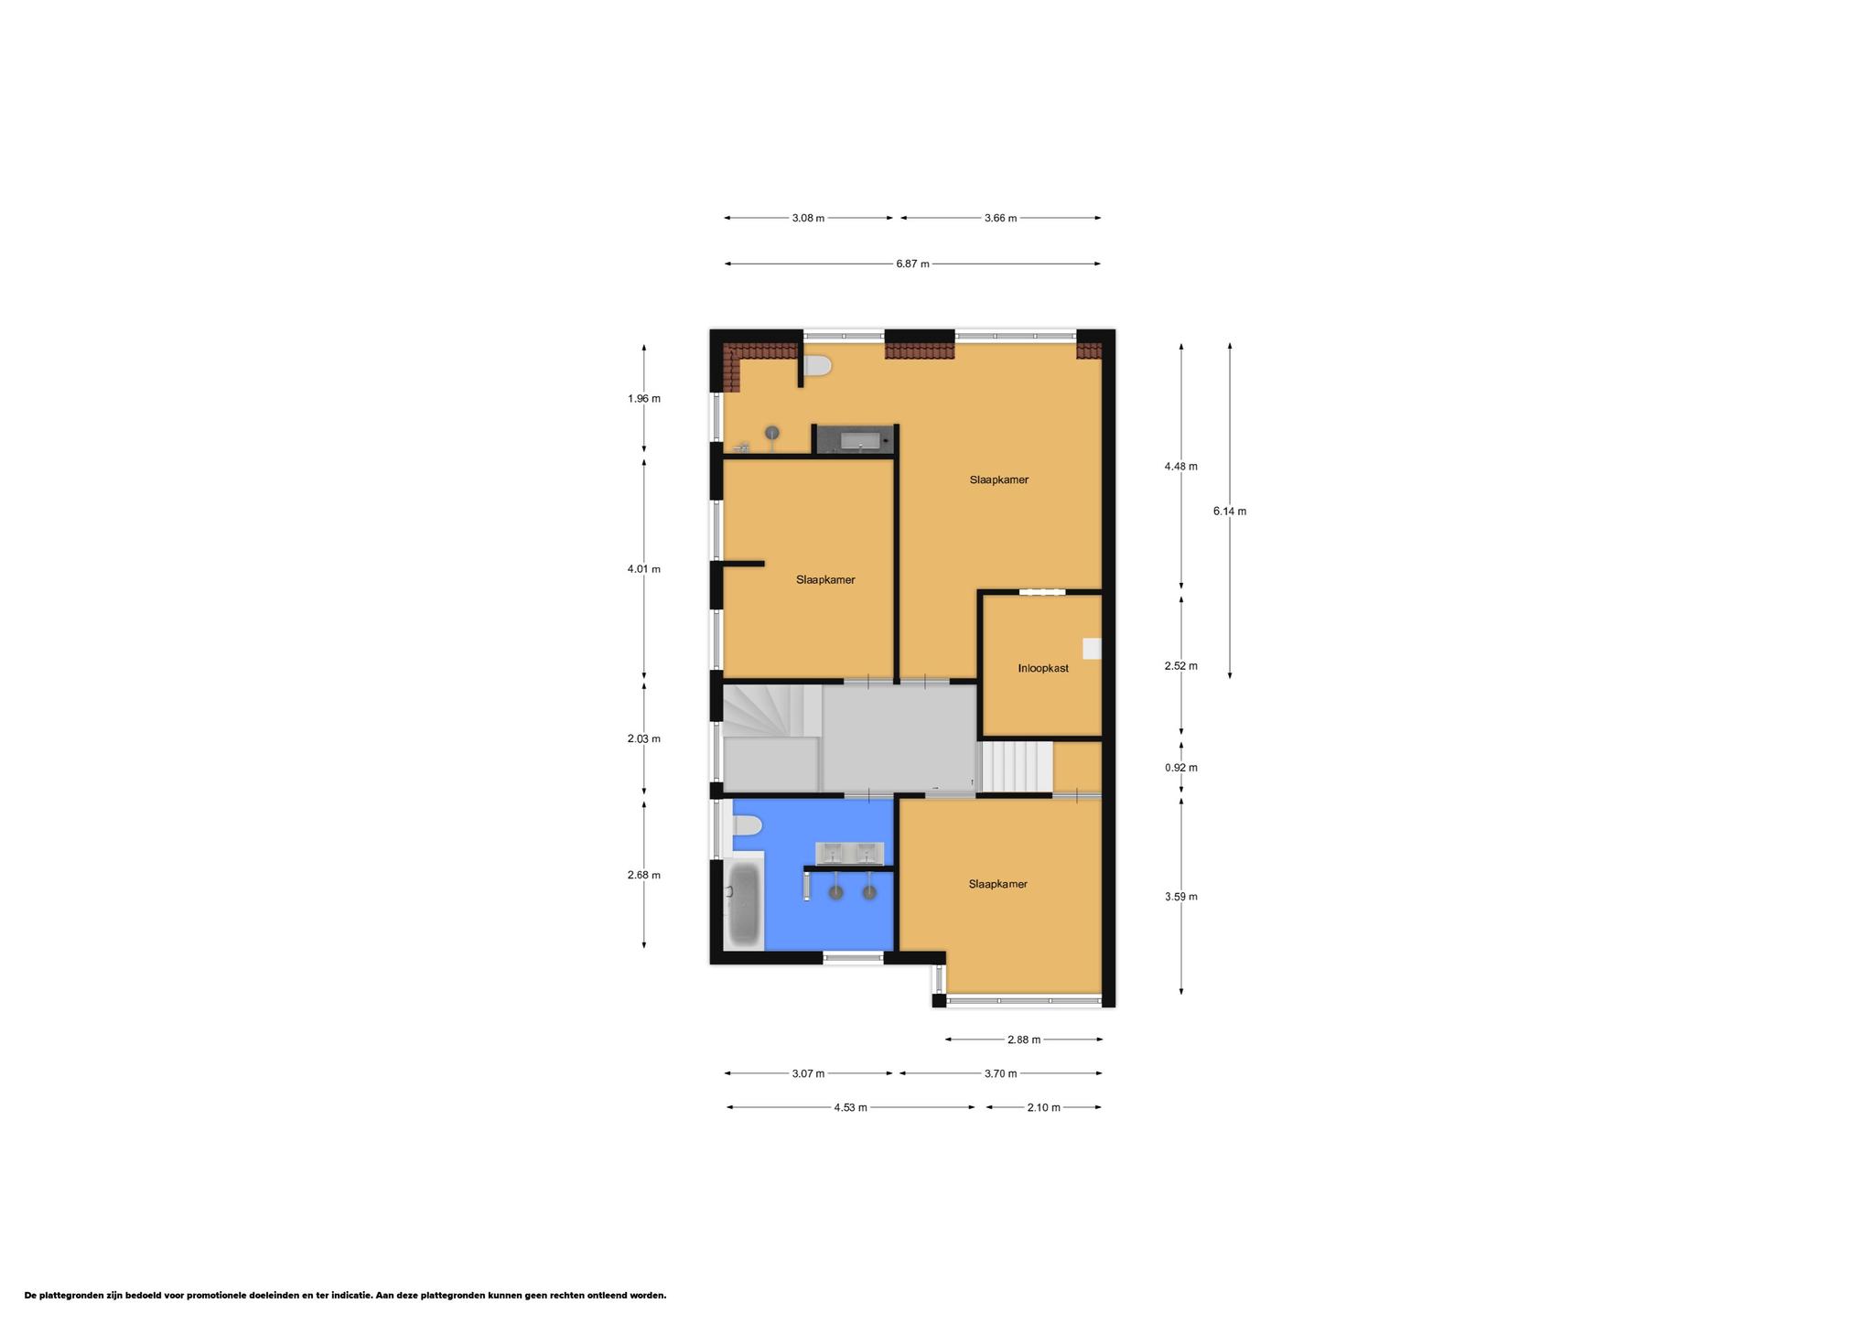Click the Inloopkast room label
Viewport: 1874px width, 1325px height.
[x=1043, y=668]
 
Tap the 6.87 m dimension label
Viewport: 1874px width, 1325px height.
[x=912, y=264]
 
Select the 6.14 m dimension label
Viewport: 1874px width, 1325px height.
[x=1230, y=512]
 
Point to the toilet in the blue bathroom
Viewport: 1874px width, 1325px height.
[x=747, y=826]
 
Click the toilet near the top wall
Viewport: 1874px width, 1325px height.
[x=817, y=366]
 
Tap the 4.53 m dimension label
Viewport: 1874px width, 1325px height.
[x=850, y=1107]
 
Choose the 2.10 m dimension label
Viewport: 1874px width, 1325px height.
[x=1043, y=1107]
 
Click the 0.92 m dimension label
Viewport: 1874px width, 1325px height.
[x=1181, y=768]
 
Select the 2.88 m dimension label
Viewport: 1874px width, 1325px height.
[x=1024, y=1040]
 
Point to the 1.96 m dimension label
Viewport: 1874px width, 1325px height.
[x=644, y=399]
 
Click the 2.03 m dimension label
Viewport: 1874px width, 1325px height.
[x=644, y=738]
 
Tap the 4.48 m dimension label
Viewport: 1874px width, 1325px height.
[x=1181, y=467]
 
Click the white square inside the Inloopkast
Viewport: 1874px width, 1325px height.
[x=1092, y=649]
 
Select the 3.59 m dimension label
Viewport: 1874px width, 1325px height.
[x=1181, y=897]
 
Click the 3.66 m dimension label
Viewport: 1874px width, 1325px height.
[x=1000, y=218]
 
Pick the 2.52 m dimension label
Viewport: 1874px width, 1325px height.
[x=1181, y=666]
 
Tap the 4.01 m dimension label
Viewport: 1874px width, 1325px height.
[x=644, y=569]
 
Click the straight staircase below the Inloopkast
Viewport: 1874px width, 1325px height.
[x=1017, y=767]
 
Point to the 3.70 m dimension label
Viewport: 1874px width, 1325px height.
[x=1000, y=1073]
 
